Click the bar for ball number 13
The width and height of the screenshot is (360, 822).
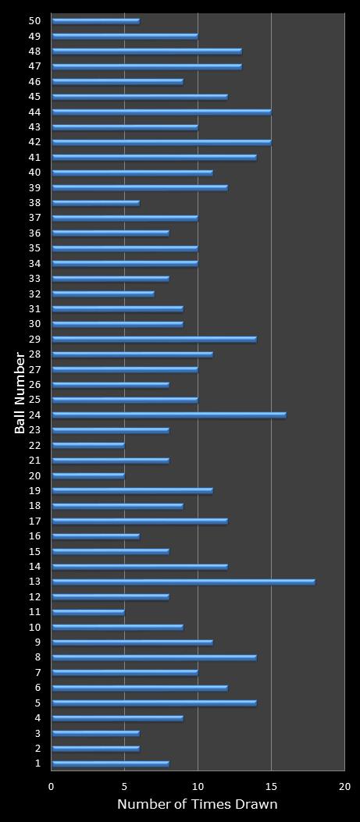coord(184,582)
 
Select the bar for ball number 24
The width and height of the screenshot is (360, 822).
coord(169,415)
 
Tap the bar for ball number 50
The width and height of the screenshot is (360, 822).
coord(95,21)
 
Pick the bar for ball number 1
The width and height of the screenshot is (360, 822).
coord(110,763)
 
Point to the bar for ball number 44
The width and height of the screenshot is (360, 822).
coord(162,112)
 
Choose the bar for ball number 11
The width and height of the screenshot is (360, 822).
coord(88,612)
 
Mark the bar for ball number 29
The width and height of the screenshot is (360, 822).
coord(154,340)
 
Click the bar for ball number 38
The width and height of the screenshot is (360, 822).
coord(95,203)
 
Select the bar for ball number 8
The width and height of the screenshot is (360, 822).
coord(154,657)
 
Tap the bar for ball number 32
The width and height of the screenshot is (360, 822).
coord(103,294)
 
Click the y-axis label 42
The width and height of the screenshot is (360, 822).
coord(35,142)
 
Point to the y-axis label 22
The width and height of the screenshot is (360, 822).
coord(35,445)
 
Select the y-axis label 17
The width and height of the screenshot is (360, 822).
coord(35,521)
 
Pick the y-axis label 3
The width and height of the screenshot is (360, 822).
coord(37,733)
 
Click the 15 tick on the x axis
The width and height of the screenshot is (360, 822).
coord(271,787)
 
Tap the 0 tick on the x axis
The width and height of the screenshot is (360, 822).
coord(52,787)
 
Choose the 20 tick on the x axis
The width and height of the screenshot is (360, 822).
coord(344,787)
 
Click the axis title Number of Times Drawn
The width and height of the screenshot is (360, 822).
coord(198,805)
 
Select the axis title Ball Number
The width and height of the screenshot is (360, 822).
coord(21,393)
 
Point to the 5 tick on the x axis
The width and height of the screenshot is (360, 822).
coord(125,787)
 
